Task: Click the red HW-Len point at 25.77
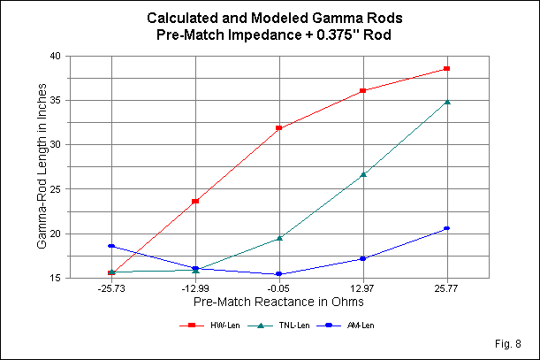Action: click(x=447, y=68)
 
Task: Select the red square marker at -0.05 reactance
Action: click(x=279, y=128)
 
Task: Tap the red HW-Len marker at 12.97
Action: click(x=363, y=91)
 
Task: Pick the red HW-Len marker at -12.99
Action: click(x=195, y=202)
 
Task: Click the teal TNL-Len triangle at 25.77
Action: click(x=447, y=102)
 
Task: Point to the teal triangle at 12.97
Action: click(x=363, y=174)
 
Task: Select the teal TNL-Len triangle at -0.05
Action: click(x=279, y=238)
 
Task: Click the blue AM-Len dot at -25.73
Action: click(x=111, y=246)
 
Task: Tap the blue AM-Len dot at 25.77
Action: click(x=447, y=228)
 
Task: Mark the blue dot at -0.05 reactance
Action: click(x=279, y=274)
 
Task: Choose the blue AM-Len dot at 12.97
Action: click(x=363, y=258)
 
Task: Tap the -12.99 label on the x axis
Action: click(x=195, y=289)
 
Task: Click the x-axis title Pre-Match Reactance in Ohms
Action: click(x=279, y=303)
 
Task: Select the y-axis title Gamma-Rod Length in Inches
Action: click(x=42, y=167)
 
